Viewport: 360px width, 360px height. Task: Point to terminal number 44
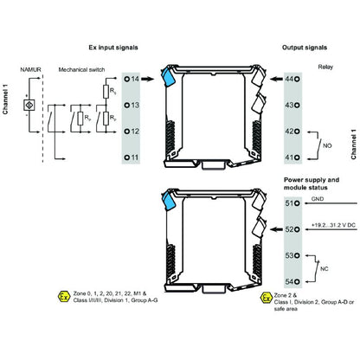[x=291, y=79]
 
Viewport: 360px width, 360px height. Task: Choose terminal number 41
[x=291, y=157]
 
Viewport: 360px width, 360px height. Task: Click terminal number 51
[x=291, y=203]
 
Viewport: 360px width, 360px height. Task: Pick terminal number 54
[x=291, y=281]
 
